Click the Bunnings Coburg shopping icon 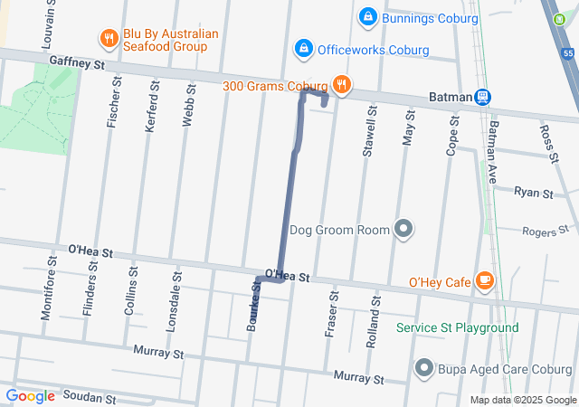click(368, 17)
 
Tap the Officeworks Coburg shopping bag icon click(303, 47)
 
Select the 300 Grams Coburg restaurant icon click(341, 86)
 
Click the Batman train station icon click(484, 97)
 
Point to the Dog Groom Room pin click(403, 229)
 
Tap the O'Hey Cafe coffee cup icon click(485, 281)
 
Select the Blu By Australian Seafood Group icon click(109, 38)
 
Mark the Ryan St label click(533, 192)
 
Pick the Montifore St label click(47, 292)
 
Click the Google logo click(30, 396)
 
